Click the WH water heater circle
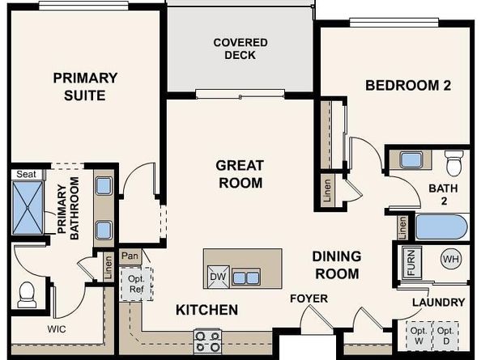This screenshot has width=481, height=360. pos(451,259)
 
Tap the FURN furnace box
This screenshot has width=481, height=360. pos(411,262)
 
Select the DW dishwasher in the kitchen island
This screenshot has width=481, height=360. pos(219,277)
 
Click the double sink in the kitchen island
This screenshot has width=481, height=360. pos(246,277)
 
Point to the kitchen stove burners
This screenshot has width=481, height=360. pos(207,341)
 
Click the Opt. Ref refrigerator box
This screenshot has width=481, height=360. pos(136,284)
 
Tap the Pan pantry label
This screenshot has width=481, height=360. pos(130,256)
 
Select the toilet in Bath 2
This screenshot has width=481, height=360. pos(454,163)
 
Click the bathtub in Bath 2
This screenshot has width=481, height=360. pos(441,227)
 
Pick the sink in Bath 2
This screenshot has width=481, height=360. pos(411,159)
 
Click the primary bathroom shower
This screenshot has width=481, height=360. pos(28,208)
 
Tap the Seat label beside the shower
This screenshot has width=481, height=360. pos(26,174)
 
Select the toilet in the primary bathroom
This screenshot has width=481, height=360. pos(27,294)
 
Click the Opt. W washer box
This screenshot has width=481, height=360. pos(419,336)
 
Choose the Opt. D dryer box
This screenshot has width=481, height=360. pos(445,336)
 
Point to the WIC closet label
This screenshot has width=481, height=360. pos(57,329)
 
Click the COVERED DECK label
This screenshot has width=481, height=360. pos(240,49)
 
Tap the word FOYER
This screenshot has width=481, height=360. pos(309,299)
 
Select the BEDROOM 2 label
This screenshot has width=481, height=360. pos(408,85)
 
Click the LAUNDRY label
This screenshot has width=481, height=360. pos(439,303)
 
